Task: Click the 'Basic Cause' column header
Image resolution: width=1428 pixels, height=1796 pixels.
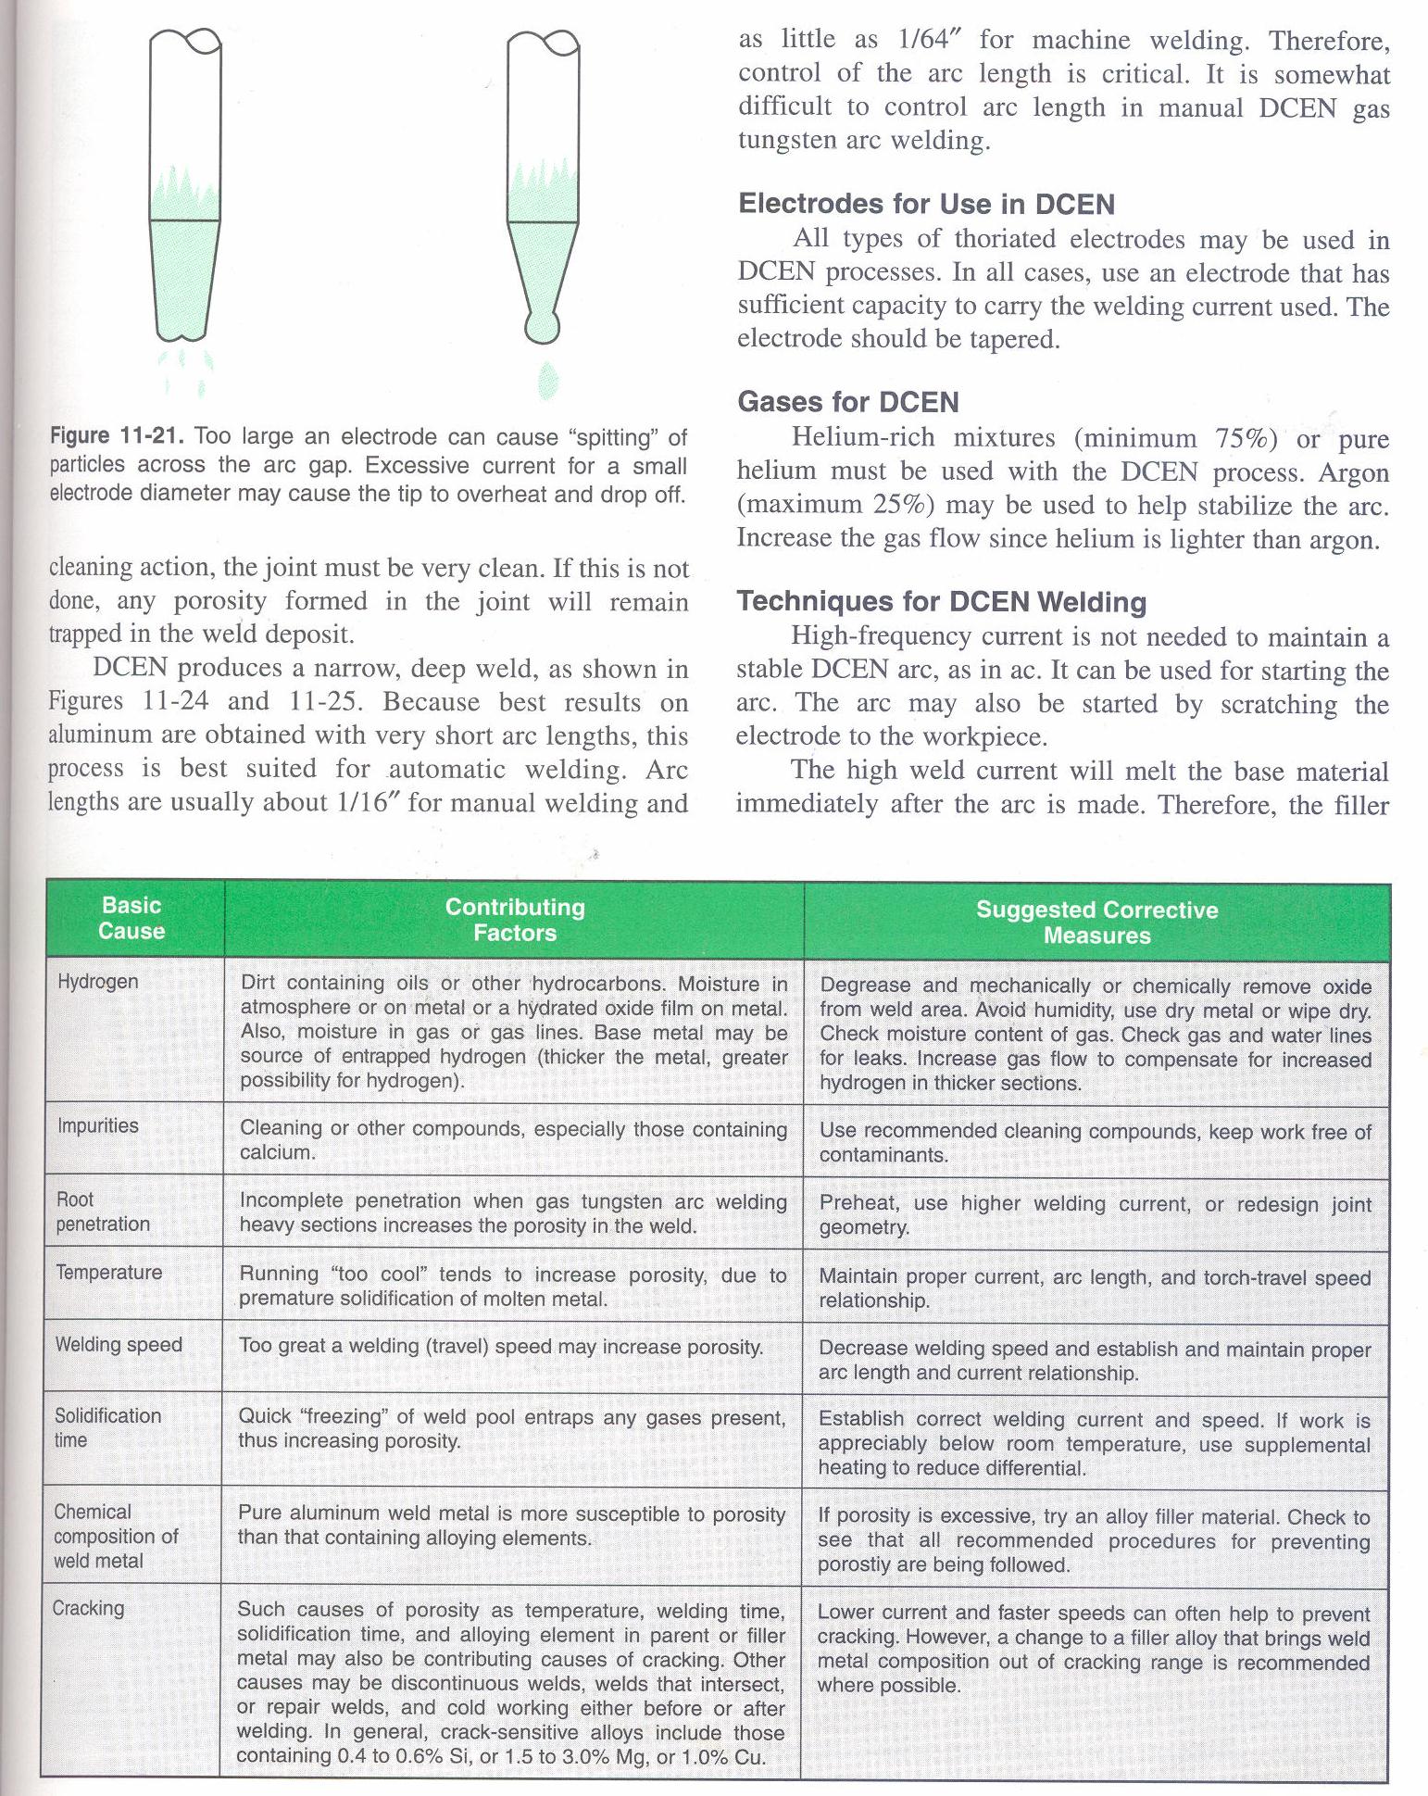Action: pos(132,918)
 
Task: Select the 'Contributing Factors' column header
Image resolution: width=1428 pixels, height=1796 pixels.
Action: pos(515,920)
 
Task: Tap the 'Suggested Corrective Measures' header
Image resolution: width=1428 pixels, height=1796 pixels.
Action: pos(1096,923)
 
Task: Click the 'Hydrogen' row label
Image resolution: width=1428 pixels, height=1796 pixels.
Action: pos(97,982)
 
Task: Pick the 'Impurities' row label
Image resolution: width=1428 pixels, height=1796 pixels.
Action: pos(97,1126)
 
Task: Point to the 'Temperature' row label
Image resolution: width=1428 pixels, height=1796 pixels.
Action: pos(108,1273)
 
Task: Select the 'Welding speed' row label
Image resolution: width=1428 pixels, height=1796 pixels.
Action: pos(118,1345)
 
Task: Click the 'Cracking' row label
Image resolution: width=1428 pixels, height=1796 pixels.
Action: pos(88,1609)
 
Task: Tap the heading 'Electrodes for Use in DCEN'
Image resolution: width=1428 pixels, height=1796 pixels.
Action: pos(926,204)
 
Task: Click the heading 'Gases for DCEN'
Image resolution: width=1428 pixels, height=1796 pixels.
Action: pos(848,402)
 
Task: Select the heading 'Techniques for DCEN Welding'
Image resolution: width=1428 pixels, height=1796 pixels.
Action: pos(942,602)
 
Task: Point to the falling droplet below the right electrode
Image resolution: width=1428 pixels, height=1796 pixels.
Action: pos(547,381)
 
